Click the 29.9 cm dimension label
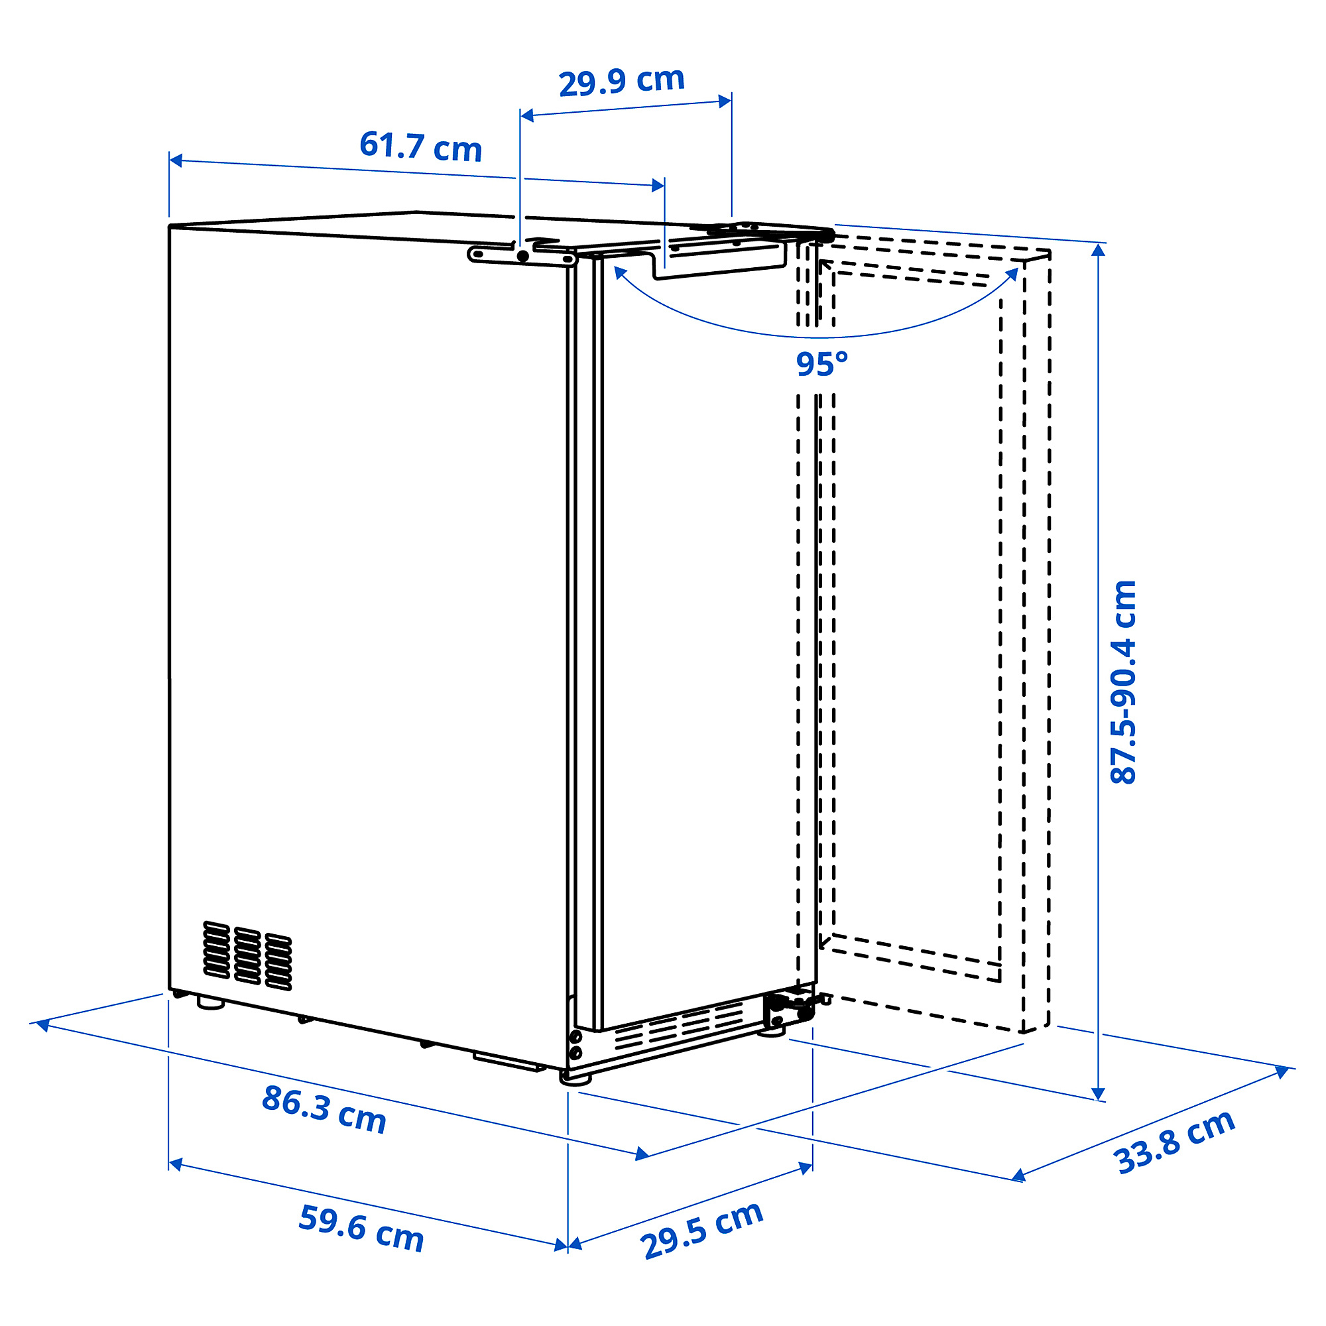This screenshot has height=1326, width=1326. (x=622, y=82)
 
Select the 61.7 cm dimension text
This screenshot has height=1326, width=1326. (x=421, y=147)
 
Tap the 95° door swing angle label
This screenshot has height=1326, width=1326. (x=821, y=365)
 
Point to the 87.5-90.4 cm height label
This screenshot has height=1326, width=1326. (x=1124, y=682)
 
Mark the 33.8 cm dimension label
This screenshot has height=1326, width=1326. (x=1174, y=1142)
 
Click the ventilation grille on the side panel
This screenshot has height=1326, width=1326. (x=247, y=955)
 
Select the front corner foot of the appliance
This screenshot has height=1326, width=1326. (x=575, y=1077)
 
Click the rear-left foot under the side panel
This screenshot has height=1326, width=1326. (x=210, y=1002)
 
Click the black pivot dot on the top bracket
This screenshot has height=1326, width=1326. (x=523, y=256)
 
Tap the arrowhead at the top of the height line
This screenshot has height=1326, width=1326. (x=1099, y=249)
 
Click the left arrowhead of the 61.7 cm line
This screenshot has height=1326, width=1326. (x=176, y=160)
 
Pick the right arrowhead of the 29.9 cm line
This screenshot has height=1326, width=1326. (x=724, y=101)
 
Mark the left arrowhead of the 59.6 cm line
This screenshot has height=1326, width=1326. (x=176, y=1164)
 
